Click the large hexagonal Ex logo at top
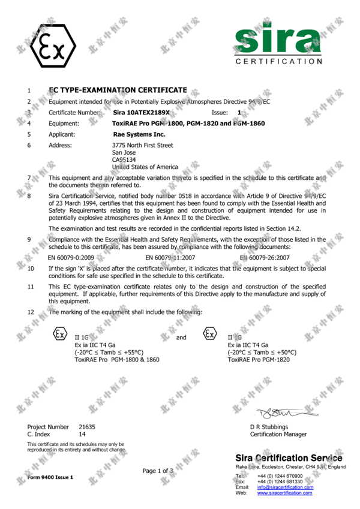[52, 44]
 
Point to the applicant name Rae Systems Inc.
[139, 134]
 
